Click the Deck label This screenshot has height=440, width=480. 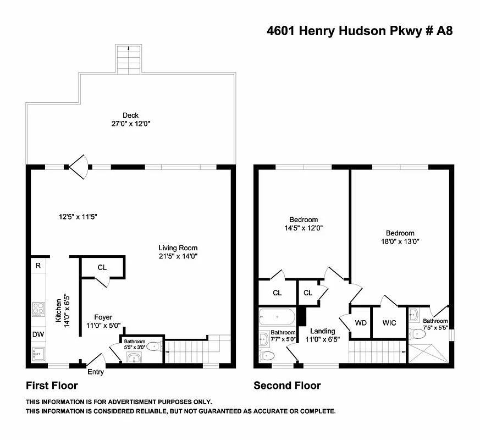[130, 116]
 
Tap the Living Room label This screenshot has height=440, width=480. [178, 248]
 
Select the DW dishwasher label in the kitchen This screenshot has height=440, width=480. [37, 334]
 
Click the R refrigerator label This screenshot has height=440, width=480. [37, 266]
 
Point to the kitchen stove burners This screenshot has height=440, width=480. [38, 309]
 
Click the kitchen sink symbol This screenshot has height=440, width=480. [38, 353]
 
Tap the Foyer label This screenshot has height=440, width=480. [103, 317]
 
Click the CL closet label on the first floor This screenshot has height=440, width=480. [102, 268]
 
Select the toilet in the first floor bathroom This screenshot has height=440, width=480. [153, 346]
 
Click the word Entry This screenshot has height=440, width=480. [95, 372]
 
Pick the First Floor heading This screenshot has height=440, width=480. [52, 386]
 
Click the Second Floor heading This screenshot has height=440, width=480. [287, 386]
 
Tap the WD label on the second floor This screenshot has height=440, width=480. [361, 323]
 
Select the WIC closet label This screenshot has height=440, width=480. [389, 323]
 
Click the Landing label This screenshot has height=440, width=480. [322, 331]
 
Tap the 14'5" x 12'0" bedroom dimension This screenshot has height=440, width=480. [304, 228]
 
